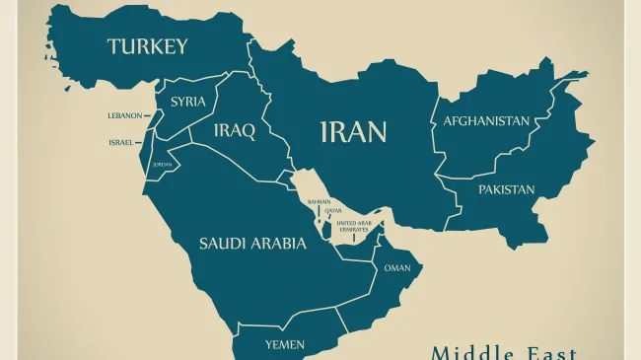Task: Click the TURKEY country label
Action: [x=147, y=46]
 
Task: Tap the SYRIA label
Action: [x=187, y=102]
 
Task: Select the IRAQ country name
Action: [x=235, y=130]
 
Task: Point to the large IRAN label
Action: [x=353, y=132]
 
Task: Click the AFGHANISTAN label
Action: [x=485, y=121]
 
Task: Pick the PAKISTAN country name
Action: [x=506, y=189]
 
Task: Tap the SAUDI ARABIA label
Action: [x=252, y=244]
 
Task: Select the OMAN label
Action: [x=397, y=268]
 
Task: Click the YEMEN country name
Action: [x=284, y=344]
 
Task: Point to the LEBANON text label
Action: [x=124, y=115]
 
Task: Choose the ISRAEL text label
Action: [x=120, y=142]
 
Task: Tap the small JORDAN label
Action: [x=162, y=164]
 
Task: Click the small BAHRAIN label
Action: [x=319, y=201]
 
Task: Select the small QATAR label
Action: [x=333, y=210]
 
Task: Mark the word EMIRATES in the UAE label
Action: [x=354, y=229]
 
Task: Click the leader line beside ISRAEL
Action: [x=140, y=142]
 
